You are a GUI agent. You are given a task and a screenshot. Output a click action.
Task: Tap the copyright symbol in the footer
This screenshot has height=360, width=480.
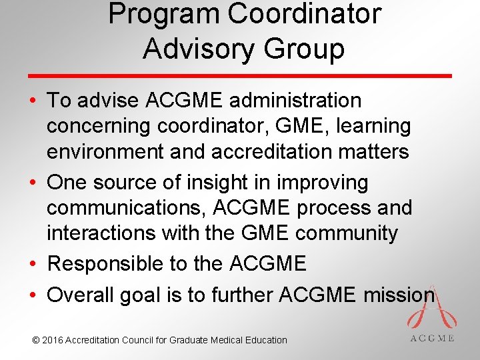click(x=36, y=340)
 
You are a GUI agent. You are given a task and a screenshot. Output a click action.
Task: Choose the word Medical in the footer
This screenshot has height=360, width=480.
click(x=227, y=340)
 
